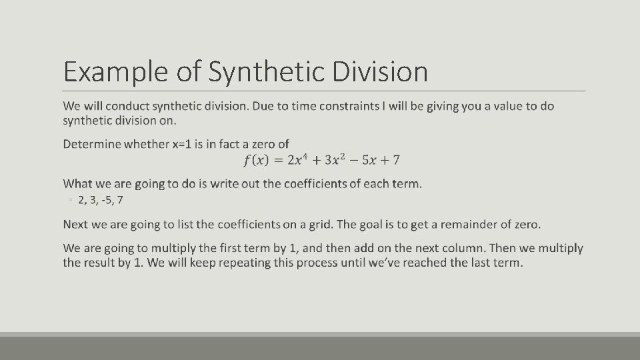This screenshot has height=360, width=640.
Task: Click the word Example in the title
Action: (115, 72)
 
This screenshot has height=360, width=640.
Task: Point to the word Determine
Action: (93, 144)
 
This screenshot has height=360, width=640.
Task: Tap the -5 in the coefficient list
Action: (105, 199)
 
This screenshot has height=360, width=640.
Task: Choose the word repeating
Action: (219, 263)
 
